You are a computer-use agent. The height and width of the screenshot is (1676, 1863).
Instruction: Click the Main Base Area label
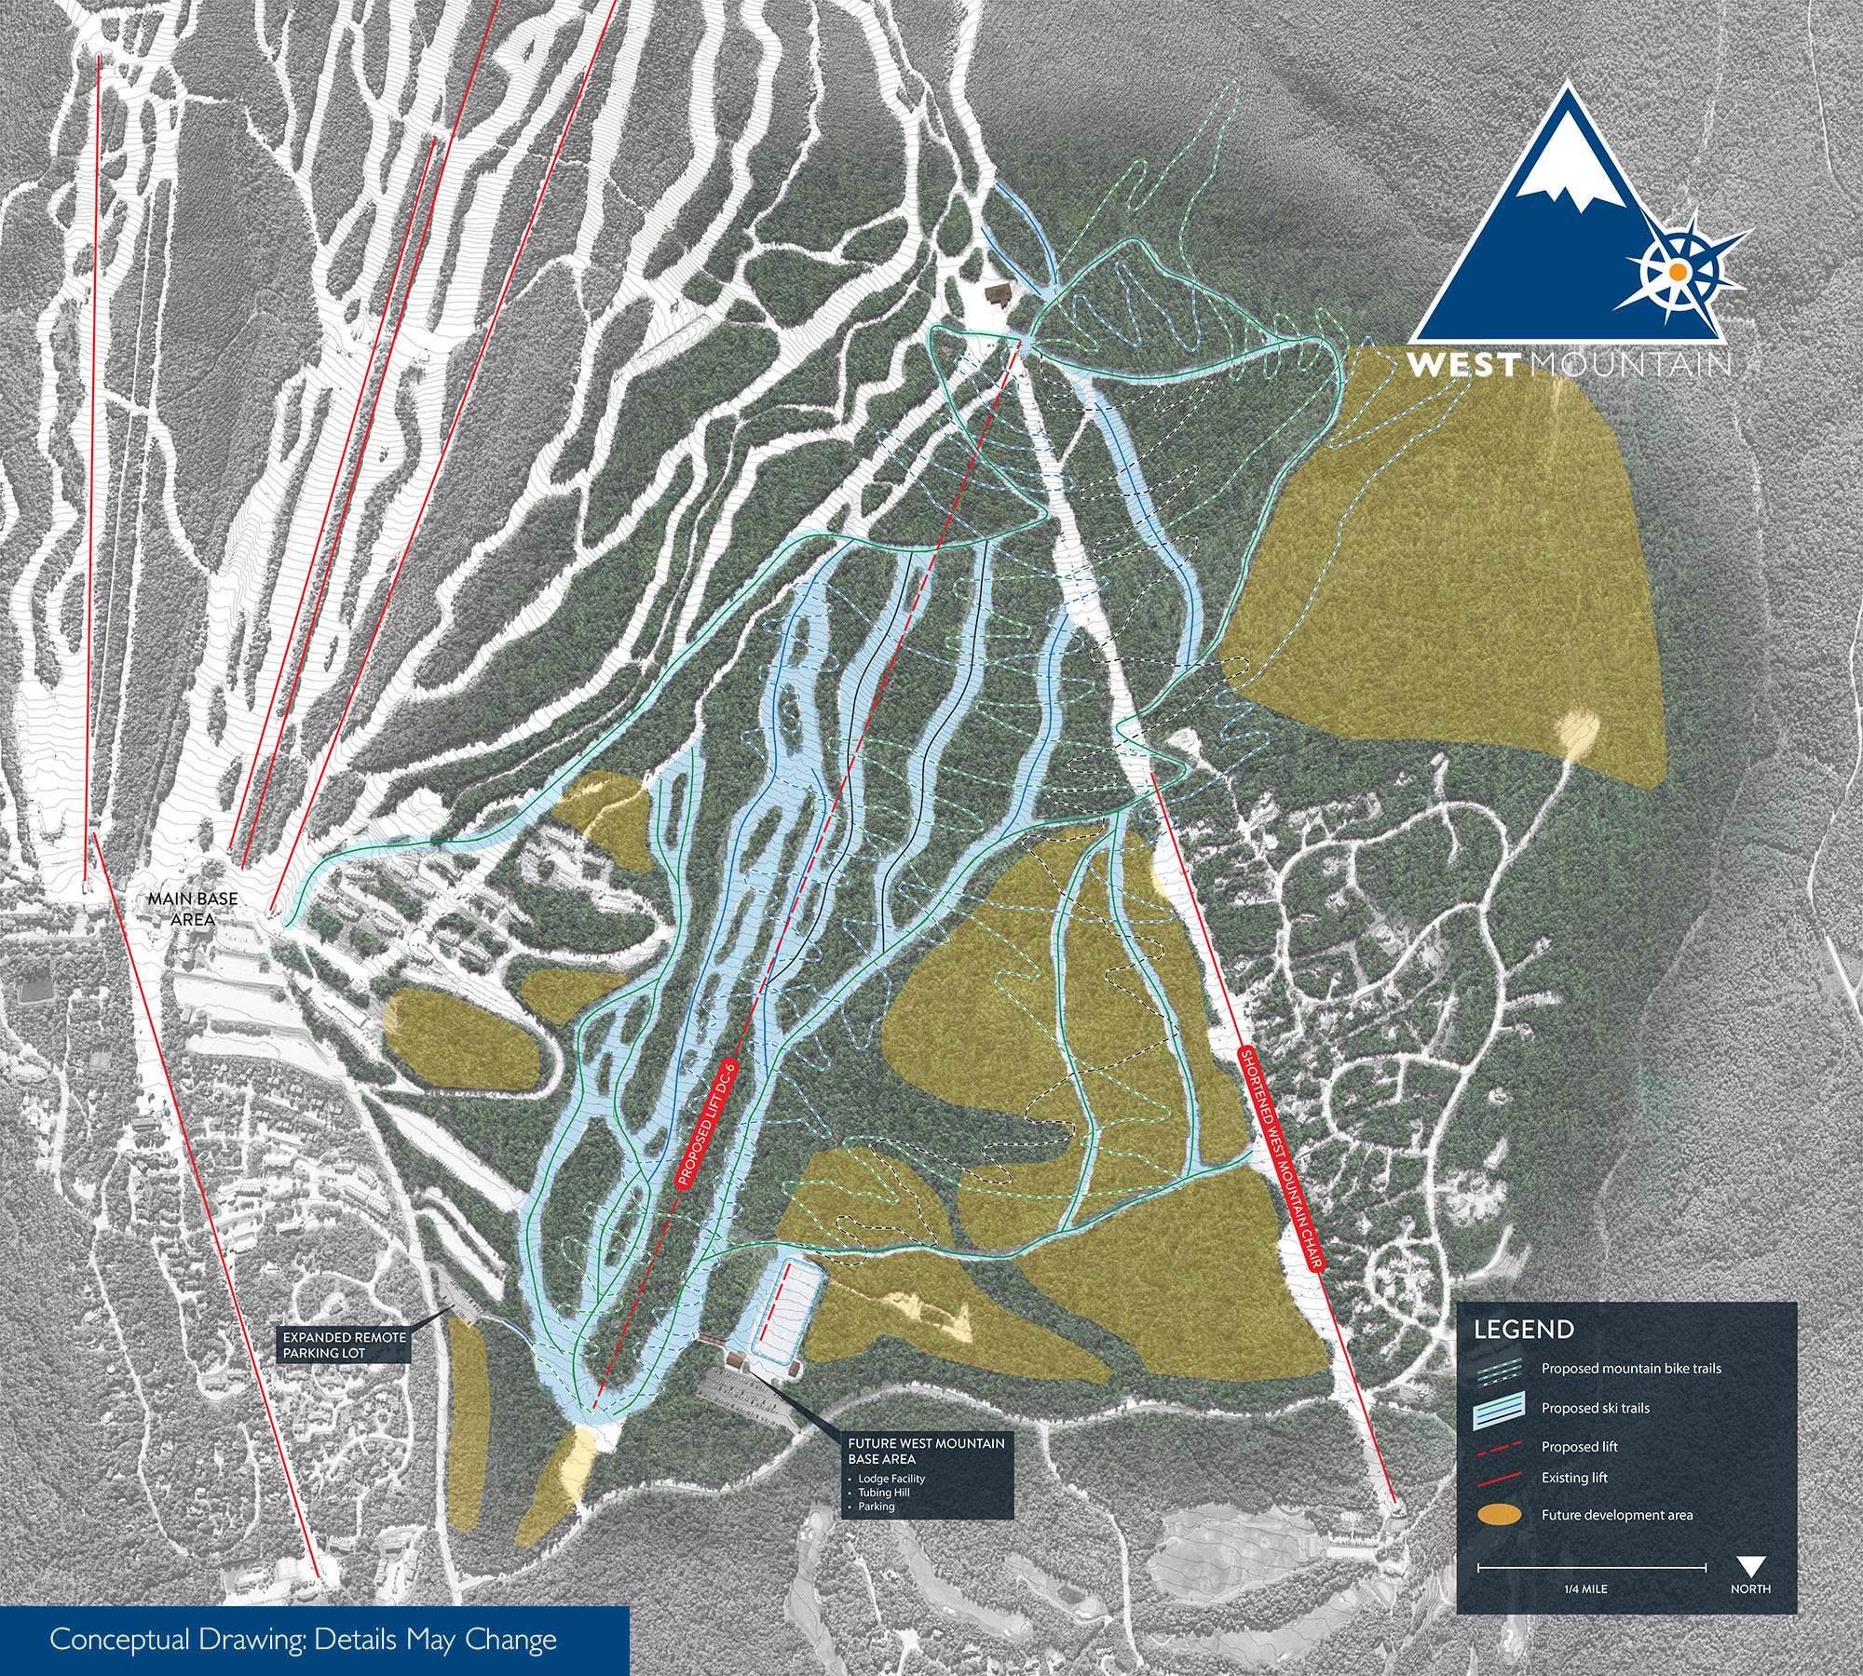click(182, 909)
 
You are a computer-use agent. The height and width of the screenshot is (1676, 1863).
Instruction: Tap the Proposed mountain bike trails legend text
click(1630, 1369)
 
